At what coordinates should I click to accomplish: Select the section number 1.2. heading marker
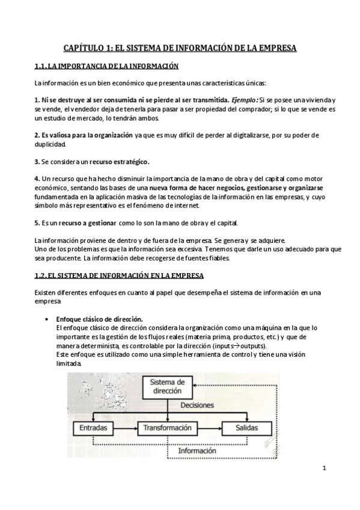41,275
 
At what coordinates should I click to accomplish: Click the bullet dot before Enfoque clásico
46,319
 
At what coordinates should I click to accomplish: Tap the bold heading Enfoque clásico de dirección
99,319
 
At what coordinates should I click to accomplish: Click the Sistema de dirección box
167,386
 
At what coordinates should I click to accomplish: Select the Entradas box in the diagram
93,428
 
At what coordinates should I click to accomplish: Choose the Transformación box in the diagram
168,428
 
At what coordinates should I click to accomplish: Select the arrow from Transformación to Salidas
210,428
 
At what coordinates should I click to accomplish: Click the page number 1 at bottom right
323,469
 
